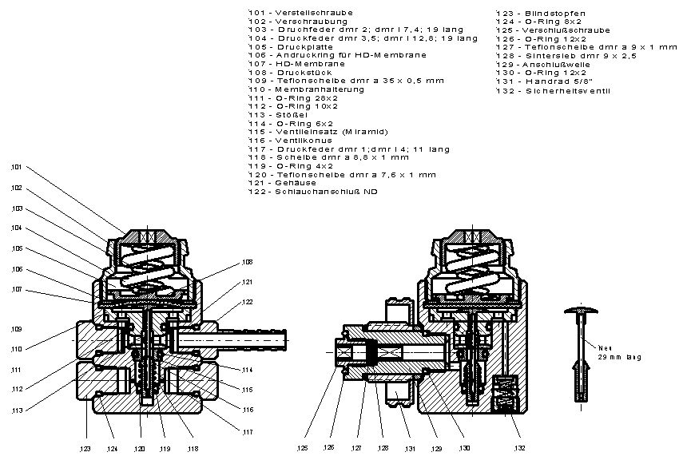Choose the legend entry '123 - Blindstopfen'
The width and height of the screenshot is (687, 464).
(540, 13)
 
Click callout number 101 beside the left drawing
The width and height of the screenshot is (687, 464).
(17, 168)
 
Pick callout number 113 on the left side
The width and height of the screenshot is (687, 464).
(17, 410)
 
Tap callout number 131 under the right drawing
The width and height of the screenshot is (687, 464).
(410, 450)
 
